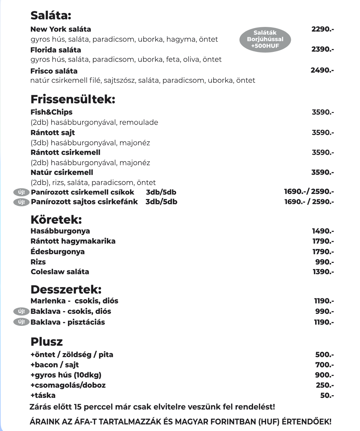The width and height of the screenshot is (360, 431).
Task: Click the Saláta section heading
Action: coord(51,15)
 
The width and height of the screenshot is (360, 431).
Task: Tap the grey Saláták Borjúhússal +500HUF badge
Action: coord(265,39)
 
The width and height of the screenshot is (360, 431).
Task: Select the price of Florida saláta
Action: coord(322,49)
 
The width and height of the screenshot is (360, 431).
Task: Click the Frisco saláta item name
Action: coord(54,71)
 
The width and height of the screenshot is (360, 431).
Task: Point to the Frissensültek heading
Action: coord(73,99)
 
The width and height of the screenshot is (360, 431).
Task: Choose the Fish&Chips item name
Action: coord(51,112)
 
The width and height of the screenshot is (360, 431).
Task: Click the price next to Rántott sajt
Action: coord(323,132)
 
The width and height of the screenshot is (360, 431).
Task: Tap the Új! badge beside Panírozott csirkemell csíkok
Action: coord(21,192)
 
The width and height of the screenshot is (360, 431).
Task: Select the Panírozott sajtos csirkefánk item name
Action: coord(84,202)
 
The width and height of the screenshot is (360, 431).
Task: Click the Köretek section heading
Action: coord(56,220)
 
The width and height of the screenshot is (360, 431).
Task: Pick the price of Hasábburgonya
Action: coord(323,231)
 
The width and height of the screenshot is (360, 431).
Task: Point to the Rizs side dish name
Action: coord(38,262)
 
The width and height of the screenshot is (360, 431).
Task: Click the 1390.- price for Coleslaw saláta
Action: coord(323,272)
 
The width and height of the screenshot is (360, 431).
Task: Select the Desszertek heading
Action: coord(66,289)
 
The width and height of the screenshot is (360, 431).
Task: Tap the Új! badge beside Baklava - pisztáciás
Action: coord(21,322)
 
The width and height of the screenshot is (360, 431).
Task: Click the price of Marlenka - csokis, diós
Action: coord(324,301)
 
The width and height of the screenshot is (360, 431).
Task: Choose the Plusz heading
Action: coord(46,342)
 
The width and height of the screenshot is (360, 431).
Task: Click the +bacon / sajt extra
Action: coord(55,365)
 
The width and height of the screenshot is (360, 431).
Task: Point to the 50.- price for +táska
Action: coord(327,395)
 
